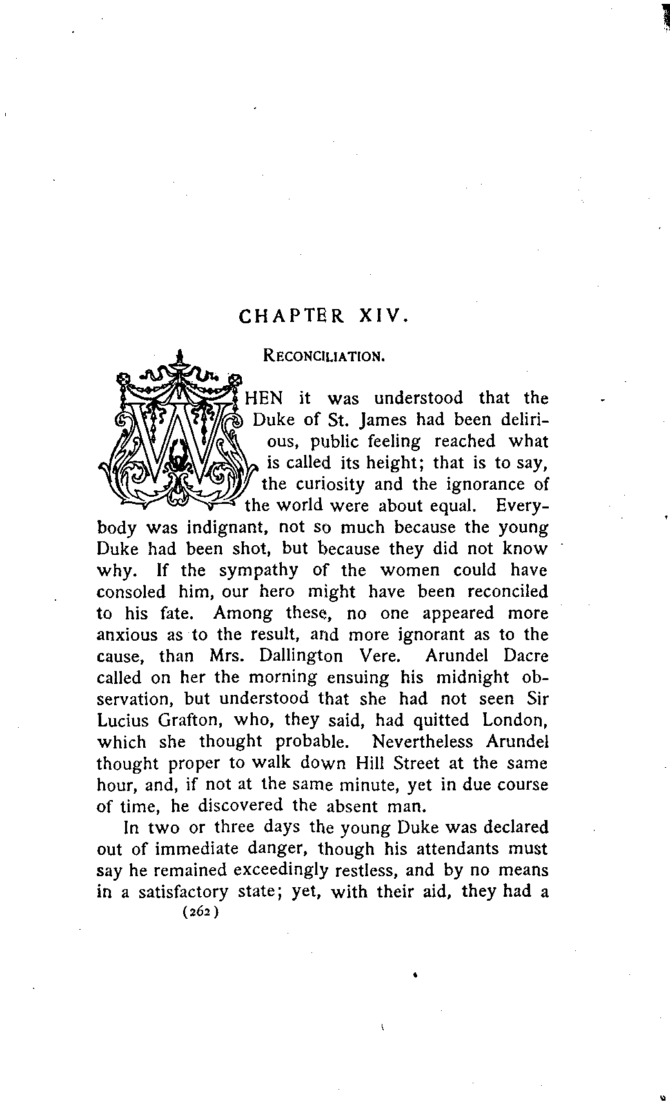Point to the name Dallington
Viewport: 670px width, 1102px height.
[x=301, y=656]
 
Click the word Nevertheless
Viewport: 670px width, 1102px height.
[x=422, y=742]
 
